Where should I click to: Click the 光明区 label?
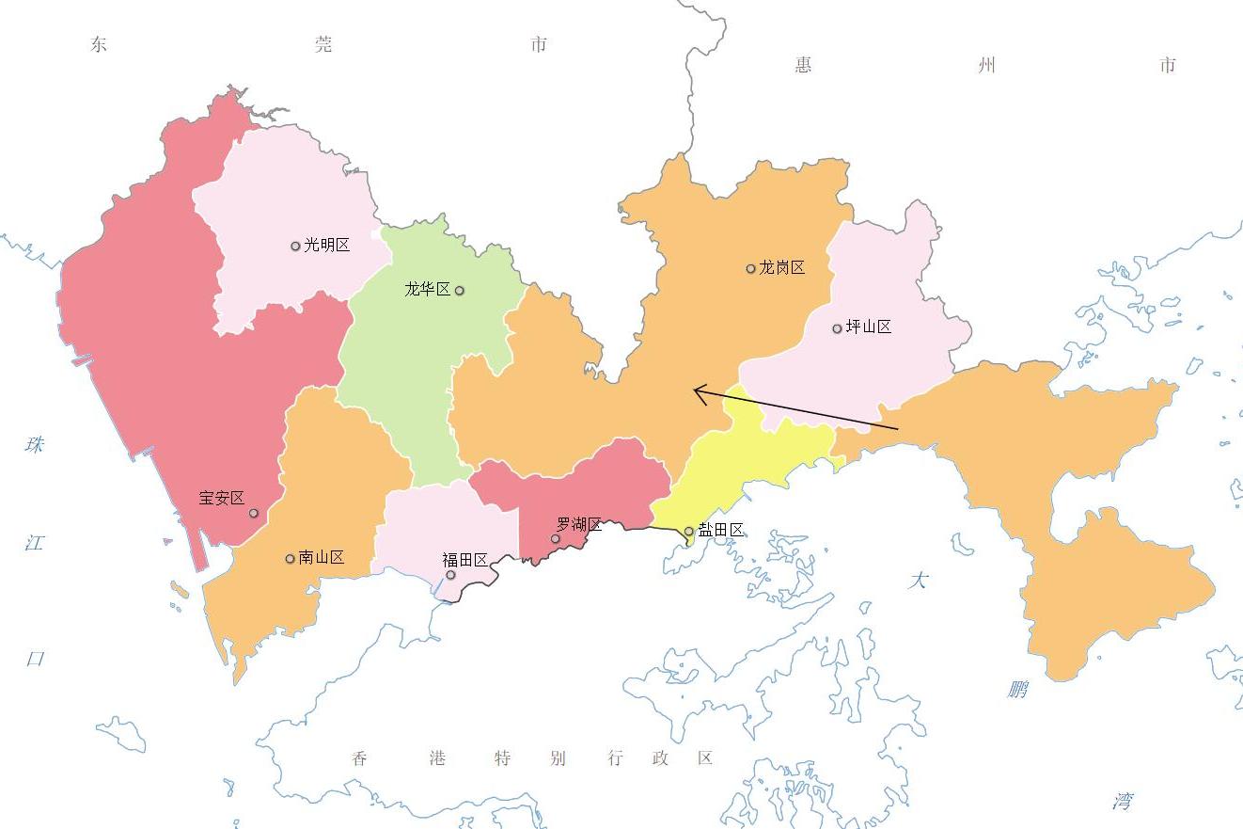(326, 246)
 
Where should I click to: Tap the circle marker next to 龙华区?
(460, 291)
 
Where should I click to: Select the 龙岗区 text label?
(782, 268)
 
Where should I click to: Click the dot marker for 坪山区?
(837, 329)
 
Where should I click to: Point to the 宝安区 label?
(222, 499)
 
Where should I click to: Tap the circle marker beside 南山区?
(291, 559)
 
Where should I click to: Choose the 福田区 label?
(465, 561)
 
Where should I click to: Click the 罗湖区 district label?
(579, 525)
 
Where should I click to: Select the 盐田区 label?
(721, 531)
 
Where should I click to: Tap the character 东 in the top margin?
(99, 44)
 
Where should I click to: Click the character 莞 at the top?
(323, 44)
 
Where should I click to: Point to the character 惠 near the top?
(803, 65)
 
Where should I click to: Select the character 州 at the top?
(985, 65)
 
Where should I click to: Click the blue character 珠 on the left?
(36, 444)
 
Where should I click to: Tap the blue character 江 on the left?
(35, 543)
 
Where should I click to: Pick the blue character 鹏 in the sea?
(1017, 690)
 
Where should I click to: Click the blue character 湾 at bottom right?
(1123, 802)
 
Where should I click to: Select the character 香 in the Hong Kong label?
(360, 758)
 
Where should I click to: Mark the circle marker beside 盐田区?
(689, 532)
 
